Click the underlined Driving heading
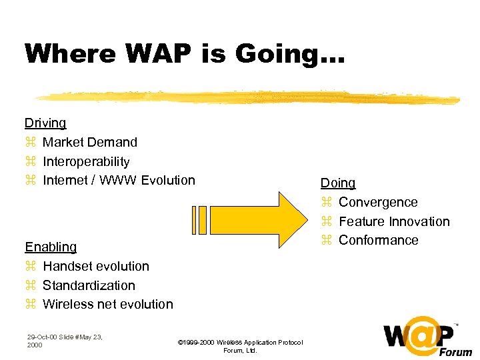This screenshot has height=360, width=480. pos(45,123)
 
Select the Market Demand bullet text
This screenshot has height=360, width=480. pos(90,142)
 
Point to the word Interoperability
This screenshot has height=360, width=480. pos(86,161)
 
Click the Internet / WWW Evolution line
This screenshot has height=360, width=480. pos(119,180)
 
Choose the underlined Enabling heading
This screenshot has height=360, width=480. pos(51,247)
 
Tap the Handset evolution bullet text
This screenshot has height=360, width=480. pos(96,266)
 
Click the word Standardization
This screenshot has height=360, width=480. pos(89,285)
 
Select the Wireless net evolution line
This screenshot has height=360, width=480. pos(107,304)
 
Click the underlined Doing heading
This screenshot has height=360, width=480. pos(338,183)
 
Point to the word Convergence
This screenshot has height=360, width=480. pos(378,202)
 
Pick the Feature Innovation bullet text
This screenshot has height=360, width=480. pos(394,221)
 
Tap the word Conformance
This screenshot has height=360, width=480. pos(378,240)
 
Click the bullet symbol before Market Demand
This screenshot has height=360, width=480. pos(29,143)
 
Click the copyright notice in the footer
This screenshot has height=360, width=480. pos(240,346)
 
